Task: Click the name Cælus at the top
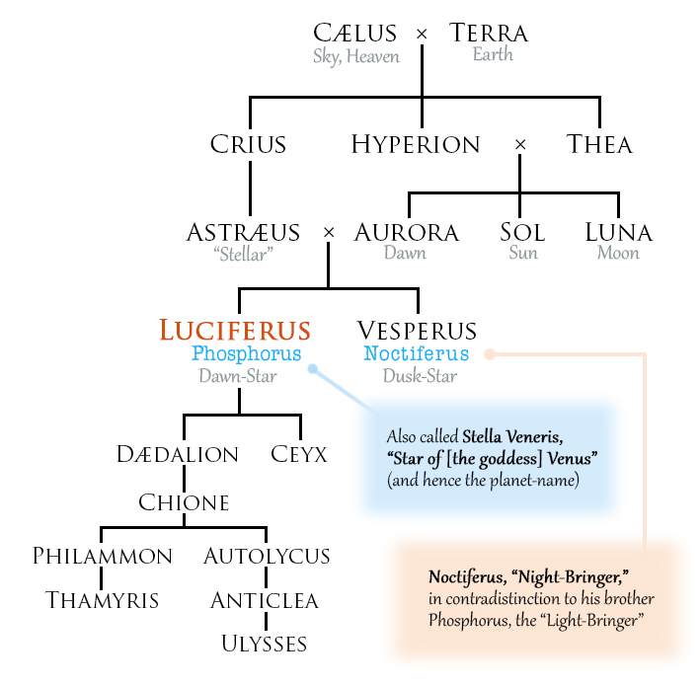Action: [356, 33]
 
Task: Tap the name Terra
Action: [489, 33]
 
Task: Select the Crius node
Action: [248, 144]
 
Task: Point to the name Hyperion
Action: [416, 144]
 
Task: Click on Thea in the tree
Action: [599, 144]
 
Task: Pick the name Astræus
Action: [243, 233]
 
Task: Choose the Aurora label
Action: [406, 233]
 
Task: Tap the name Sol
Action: [522, 233]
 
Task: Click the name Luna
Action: [618, 233]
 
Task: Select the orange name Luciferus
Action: [235, 331]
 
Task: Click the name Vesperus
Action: [417, 331]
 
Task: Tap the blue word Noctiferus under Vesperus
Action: [416, 353]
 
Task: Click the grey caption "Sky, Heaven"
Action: [356, 55]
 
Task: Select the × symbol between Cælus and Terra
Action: [423, 35]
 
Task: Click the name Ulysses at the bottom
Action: [265, 644]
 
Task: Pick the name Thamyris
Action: [102, 599]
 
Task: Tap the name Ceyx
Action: [299, 454]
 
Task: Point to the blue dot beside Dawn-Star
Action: [313, 370]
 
